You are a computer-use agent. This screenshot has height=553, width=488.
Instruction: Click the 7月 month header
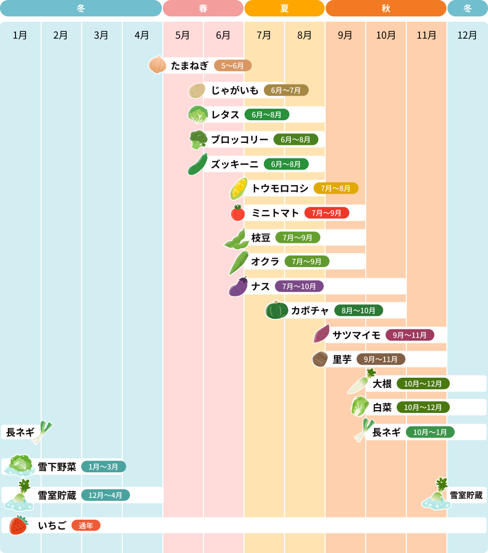click(264, 35)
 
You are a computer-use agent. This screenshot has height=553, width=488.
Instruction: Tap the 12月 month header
click(467, 35)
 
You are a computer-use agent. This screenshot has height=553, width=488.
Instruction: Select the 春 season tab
click(203, 8)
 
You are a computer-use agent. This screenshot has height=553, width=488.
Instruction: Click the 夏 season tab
click(284, 8)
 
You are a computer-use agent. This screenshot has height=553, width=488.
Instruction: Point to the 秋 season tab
click(386, 8)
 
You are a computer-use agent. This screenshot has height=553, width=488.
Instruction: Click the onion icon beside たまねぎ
click(158, 64)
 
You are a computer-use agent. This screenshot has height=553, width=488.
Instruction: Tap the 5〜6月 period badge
click(232, 66)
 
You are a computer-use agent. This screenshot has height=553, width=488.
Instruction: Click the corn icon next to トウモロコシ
click(239, 188)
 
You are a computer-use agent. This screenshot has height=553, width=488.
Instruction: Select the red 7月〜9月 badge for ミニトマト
click(327, 213)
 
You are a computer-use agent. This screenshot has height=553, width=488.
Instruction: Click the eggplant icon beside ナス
click(238, 287)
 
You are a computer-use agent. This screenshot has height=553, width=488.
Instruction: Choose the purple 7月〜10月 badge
click(299, 286)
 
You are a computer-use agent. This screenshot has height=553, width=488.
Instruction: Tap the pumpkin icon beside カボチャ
click(276, 310)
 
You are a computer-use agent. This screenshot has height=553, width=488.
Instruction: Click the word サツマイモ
click(357, 335)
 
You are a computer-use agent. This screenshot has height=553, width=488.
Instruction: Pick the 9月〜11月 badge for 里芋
click(381, 359)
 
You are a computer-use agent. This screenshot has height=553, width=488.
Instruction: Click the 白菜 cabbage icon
click(359, 407)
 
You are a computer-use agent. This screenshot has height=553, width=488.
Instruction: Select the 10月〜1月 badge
click(430, 432)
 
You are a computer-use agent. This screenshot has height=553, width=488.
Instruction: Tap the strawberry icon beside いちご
click(18, 525)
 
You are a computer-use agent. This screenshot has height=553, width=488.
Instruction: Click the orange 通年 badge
click(86, 526)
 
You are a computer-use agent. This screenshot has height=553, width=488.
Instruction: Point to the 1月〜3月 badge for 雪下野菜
click(103, 467)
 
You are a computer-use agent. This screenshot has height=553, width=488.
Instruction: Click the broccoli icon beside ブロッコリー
click(198, 140)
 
